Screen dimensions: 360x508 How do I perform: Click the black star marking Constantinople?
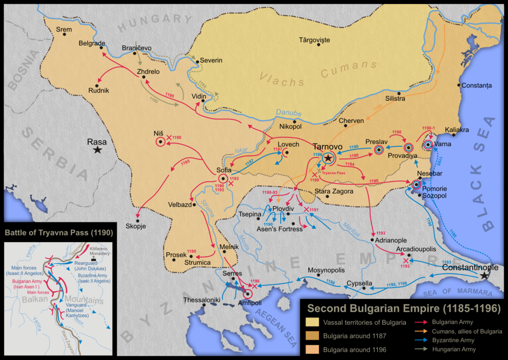pos(484,275)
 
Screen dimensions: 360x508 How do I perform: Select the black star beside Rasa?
pos(98,149)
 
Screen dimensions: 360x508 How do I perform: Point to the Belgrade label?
pos(92,43)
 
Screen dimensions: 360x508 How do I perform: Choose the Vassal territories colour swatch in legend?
pos(314,323)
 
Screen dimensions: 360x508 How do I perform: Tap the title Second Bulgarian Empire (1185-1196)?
pos(403,308)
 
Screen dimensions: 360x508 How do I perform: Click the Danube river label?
pos(285,113)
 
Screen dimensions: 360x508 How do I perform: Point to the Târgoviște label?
pos(315,40)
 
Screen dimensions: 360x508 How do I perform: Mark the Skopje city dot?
pos(138,220)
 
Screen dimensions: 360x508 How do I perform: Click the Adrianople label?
pos(392,239)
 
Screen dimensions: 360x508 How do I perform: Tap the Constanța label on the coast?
pos(477,85)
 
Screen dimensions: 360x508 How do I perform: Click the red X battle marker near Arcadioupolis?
pos(406,261)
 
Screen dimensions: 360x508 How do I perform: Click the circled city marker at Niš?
pos(160,143)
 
